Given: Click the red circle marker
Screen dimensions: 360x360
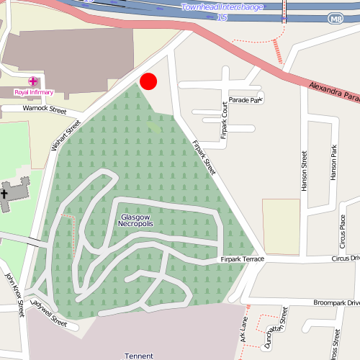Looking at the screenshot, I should [148, 81].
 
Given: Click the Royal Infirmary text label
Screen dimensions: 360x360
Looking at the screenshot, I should [33, 92].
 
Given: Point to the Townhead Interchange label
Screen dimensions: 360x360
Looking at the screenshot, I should [222, 7].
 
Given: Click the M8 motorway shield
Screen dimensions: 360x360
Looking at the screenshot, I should [336, 17].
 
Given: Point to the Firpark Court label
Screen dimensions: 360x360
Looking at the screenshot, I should [225, 120].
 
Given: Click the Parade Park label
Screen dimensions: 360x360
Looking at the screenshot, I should [245, 100].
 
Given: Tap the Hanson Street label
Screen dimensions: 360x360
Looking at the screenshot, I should [305, 171].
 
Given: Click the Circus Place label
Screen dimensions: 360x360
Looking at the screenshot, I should [342, 231].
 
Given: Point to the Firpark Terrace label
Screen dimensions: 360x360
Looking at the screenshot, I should [243, 258].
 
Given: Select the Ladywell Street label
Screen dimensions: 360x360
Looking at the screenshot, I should [50, 315].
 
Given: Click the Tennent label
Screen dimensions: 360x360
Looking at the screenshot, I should [139, 356].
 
